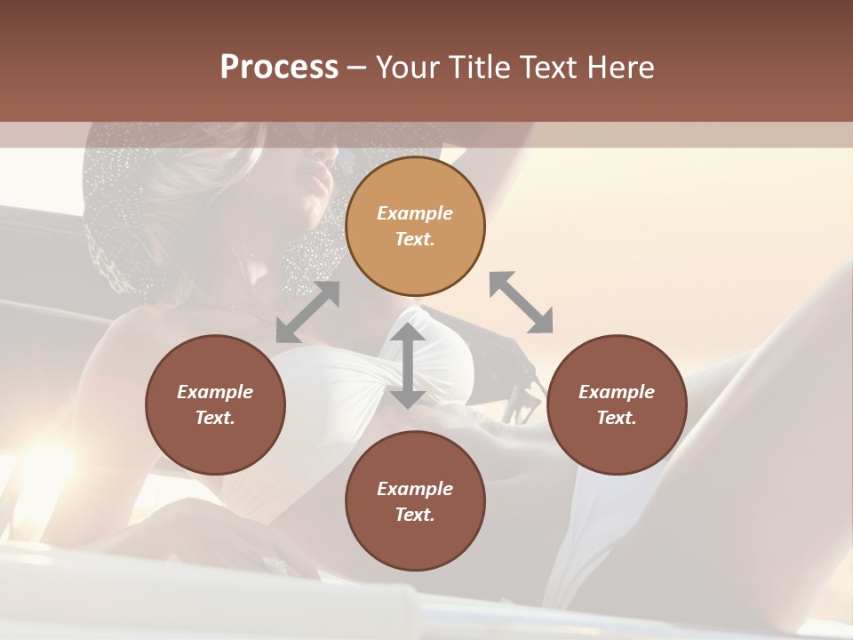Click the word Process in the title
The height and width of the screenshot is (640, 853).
(279, 68)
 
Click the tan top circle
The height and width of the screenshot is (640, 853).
(415, 187)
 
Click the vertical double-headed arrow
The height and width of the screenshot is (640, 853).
(408, 365)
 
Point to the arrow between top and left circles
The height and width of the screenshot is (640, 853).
(307, 312)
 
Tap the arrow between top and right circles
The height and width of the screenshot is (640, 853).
(522, 303)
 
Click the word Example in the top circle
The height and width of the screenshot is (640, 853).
(415, 213)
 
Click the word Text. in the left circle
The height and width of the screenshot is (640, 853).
(215, 418)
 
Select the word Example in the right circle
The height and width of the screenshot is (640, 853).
(617, 392)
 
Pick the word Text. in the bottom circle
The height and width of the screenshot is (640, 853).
(415, 515)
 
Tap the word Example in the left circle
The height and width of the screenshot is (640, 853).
(215, 392)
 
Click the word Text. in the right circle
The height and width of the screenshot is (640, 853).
(617, 418)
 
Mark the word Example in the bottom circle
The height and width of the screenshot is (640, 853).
(415, 489)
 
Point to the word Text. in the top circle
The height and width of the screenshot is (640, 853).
(415, 239)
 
